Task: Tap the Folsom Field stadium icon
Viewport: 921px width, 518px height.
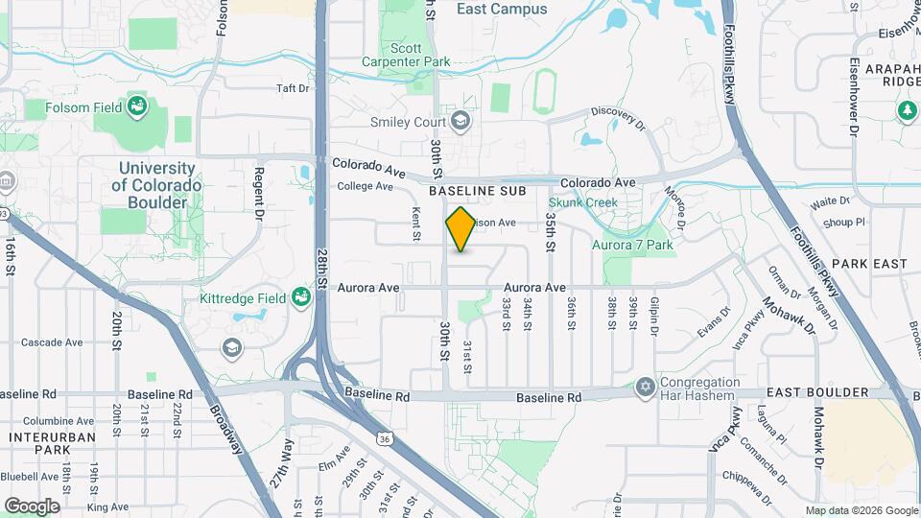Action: click(137, 106)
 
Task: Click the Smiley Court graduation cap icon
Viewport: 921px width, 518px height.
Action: click(460, 121)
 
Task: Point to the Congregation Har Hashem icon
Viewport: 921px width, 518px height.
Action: click(644, 388)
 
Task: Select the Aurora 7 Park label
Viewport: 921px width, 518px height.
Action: click(632, 245)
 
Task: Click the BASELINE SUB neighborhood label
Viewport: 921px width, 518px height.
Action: click(478, 192)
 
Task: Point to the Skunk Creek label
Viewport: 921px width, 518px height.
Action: click(582, 202)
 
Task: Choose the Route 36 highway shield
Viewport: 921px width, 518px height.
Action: click(383, 438)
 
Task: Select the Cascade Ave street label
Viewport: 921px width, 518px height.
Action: click(53, 342)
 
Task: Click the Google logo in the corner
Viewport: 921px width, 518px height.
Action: click(32, 506)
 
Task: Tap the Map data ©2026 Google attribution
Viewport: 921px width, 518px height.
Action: click(861, 510)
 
